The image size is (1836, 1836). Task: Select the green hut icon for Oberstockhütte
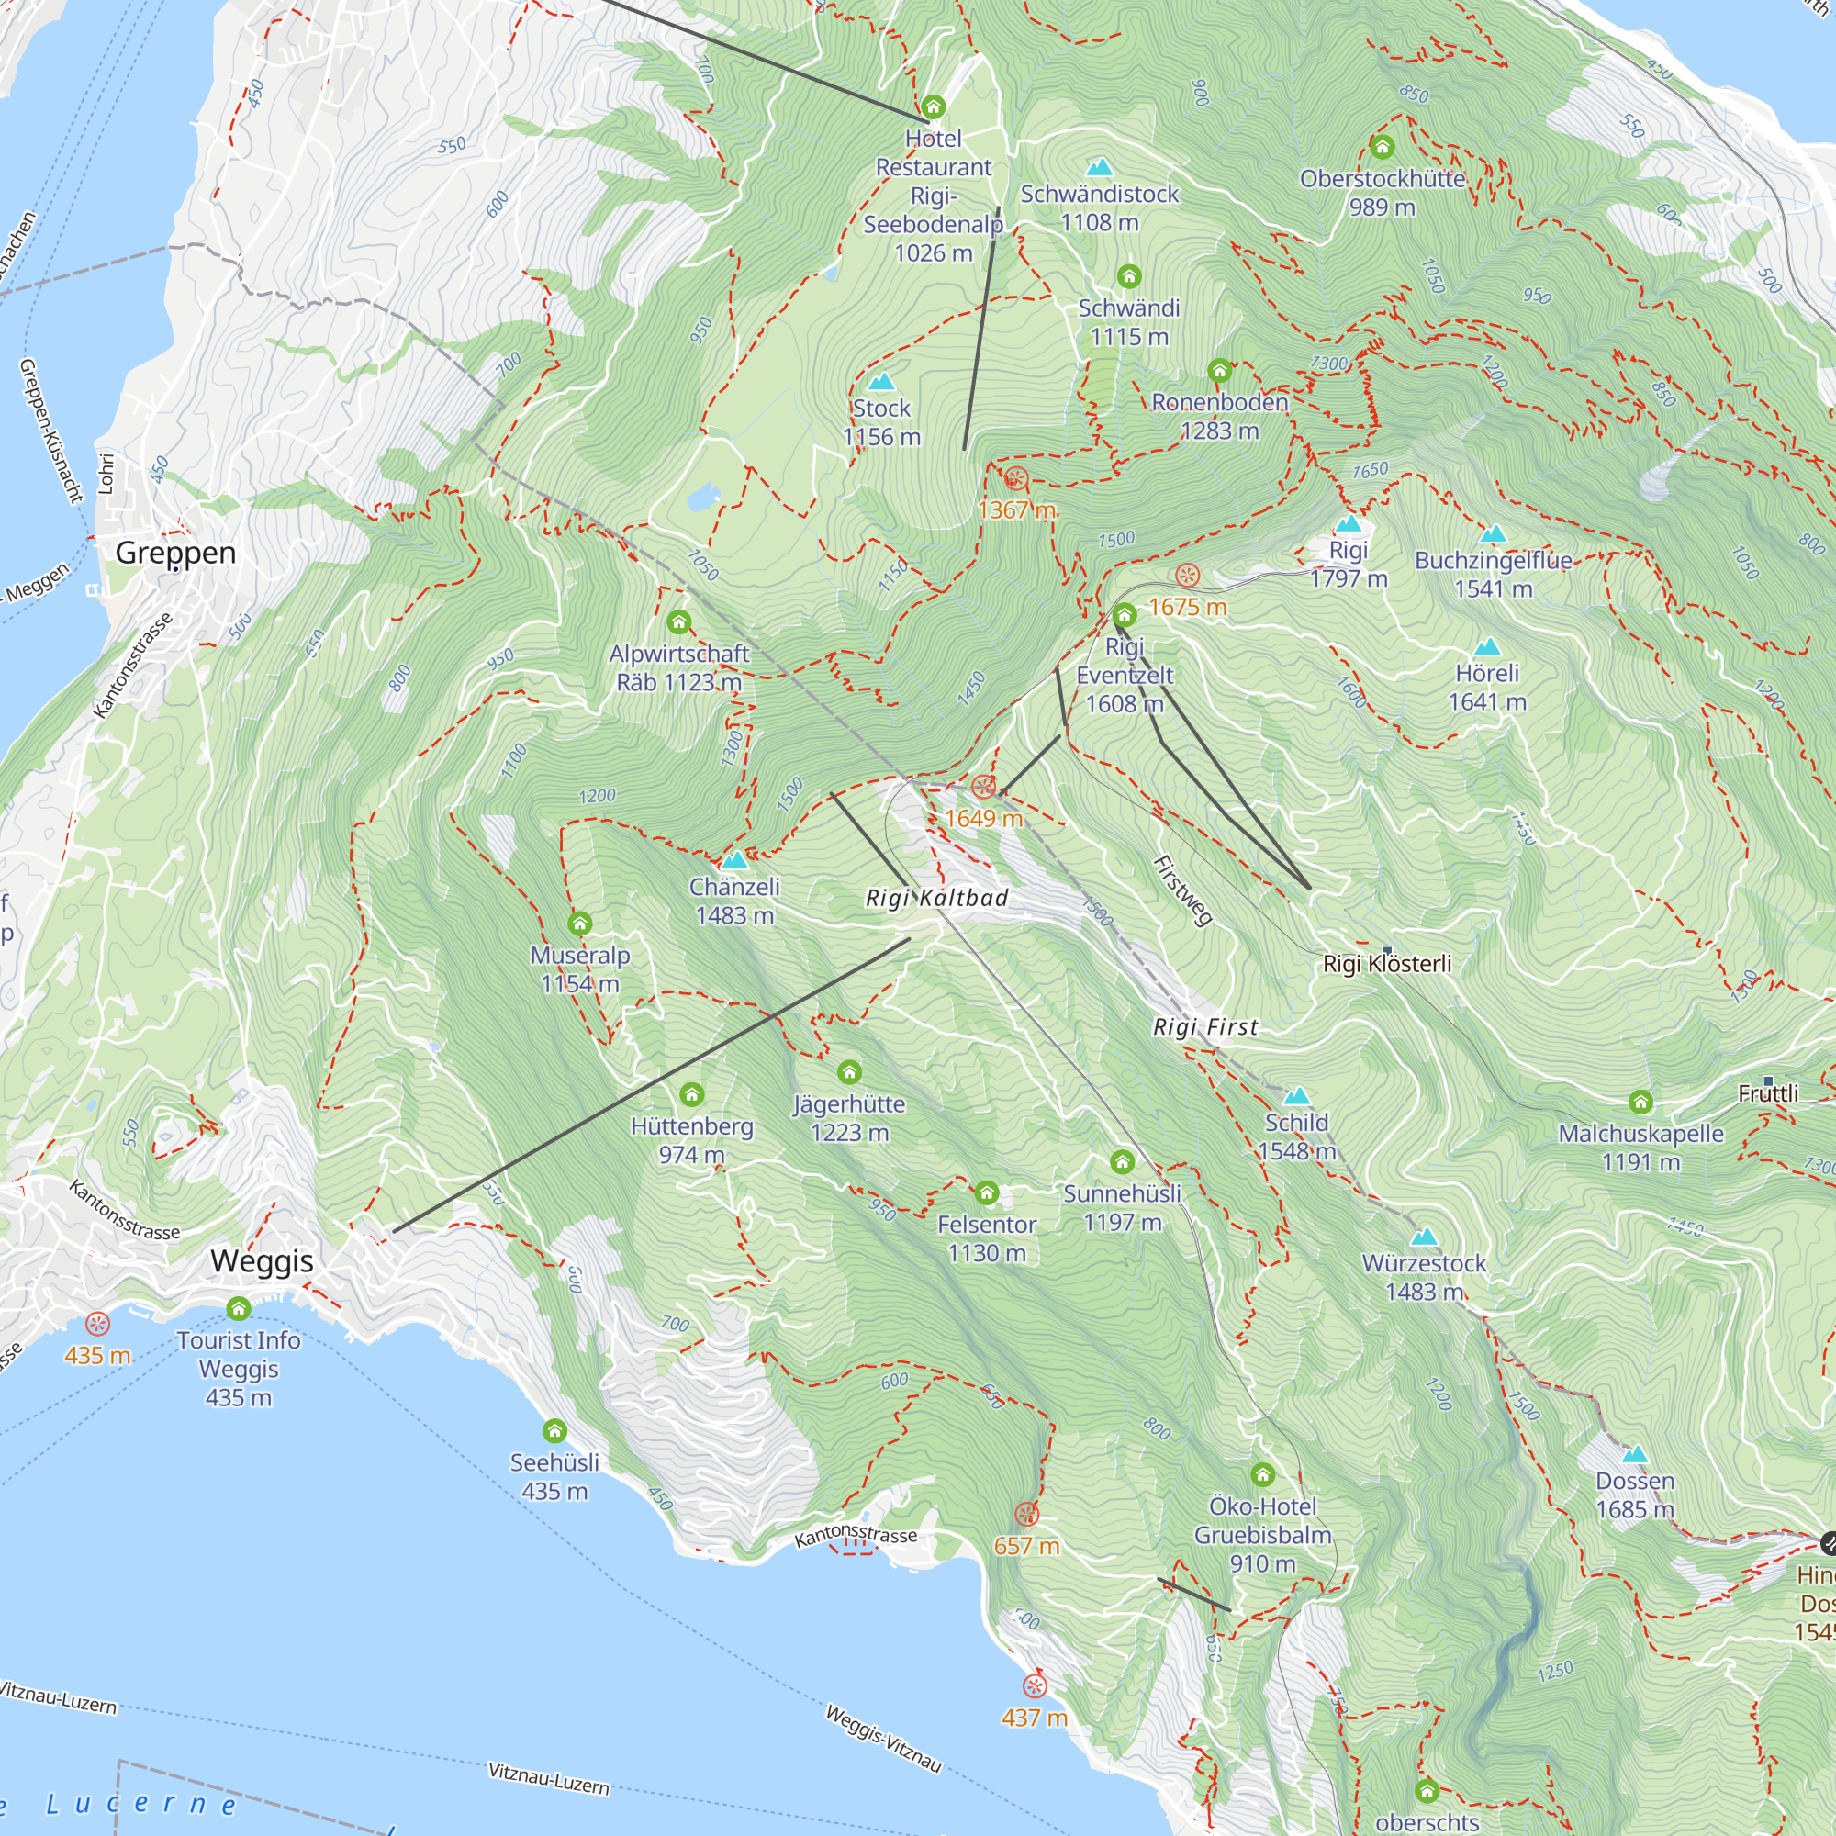click(x=1382, y=147)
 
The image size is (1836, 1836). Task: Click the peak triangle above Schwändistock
click(x=1100, y=167)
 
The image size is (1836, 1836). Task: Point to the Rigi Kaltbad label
click(x=936, y=898)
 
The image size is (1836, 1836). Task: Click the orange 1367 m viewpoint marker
click(x=1016, y=479)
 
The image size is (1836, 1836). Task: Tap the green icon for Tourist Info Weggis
click(x=239, y=1310)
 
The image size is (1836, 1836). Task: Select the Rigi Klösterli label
click(x=1386, y=964)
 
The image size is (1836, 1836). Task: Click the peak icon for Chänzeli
click(x=733, y=861)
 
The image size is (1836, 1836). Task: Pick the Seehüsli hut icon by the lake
click(x=554, y=1431)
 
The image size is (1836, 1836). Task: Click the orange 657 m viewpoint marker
click(x=1026, y=1515)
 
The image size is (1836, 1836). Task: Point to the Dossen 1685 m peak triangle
click(x=1635, y=1455)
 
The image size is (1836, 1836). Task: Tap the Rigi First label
click(x=1205, y=1027)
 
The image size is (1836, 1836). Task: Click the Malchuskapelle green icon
click(x=1640, y=1103)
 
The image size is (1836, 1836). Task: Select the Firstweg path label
click(x=1182, y=890)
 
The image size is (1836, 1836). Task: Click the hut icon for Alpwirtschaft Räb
click(x=678, y=622)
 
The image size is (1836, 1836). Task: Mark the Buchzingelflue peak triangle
click(x=1493, y=534)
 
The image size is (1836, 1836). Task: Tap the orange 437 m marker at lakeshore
click(x=1034, y=1686)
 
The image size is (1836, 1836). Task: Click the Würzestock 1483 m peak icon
click(x=1423, y=1237)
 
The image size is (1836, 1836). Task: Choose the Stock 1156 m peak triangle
click(x=881, y=382)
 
